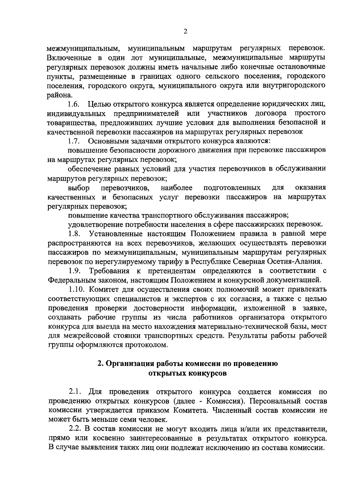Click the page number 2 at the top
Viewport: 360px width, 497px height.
click(185, 31)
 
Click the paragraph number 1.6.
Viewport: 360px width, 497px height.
click(73, 105)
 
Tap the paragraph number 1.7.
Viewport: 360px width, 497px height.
click(73, 141)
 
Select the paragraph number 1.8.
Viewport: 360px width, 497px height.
click(73, 233)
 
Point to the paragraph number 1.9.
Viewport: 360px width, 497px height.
click(74, 271)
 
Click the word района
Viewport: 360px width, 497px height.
click(55, 95)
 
